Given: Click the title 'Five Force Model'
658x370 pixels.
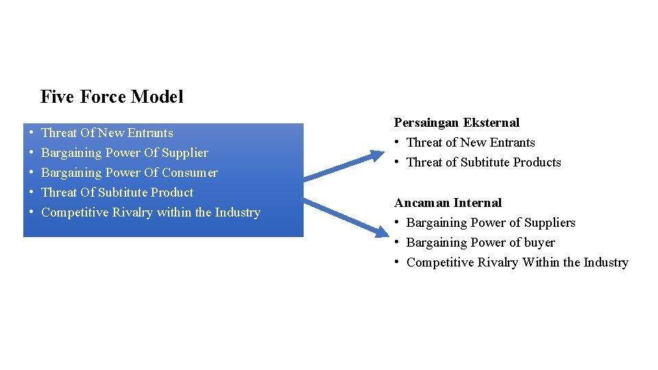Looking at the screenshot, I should tap(112, 97).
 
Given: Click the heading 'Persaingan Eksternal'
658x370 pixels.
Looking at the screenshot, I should tap(456, 123).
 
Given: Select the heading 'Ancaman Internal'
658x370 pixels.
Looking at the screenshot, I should tap(448, 203).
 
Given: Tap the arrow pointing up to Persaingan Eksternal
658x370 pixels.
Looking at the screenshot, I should tap(345, 166).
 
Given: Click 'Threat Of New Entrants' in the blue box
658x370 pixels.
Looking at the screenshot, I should tap(107, 133).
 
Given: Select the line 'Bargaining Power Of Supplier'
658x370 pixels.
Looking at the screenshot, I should tap(125, 153).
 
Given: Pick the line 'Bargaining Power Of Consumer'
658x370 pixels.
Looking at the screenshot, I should tap(130, 173).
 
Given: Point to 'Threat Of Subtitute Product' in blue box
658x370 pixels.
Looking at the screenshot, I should tap(117, 193).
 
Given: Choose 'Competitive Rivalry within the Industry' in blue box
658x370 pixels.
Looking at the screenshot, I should tap(151, 212).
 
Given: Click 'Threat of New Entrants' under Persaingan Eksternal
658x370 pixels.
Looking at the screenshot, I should tap(470, 143).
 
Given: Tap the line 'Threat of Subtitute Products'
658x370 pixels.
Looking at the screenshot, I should tap(483, 162).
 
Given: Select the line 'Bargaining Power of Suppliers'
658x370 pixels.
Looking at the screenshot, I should tap(491, 223).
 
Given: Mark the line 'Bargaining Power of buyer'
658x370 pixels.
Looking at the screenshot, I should tap(480, 243).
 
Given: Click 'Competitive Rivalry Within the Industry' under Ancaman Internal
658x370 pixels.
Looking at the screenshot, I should tap(517, 262).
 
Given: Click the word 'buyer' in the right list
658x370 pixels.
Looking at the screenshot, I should tap(539, 243).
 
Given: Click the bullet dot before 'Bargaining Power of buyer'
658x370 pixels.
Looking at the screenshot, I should tap(398, 243).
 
